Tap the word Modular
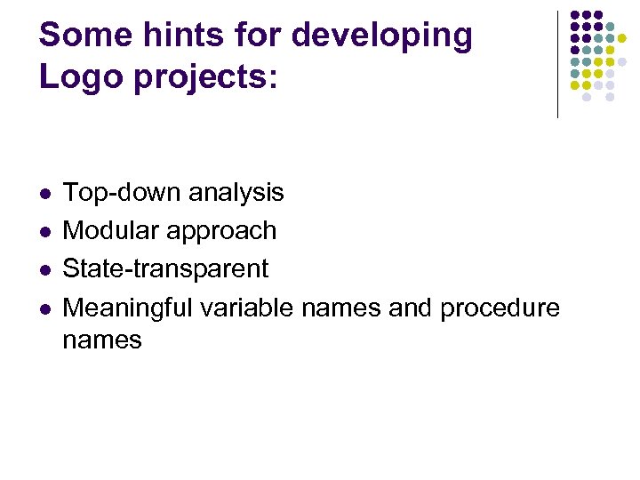pyautogui.click(x=110, y=230)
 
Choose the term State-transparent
pyautogui.click(x=165, y=268)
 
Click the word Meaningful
pyautogui.click(x=128, y=308)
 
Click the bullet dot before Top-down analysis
pyautogui.click(x=45, y=193)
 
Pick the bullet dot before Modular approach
pyautogui.click(x=45, y=231)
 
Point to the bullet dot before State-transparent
pyautogui.click(x=45, y=269)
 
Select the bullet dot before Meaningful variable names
pyautogui.click(x=45, y=308)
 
